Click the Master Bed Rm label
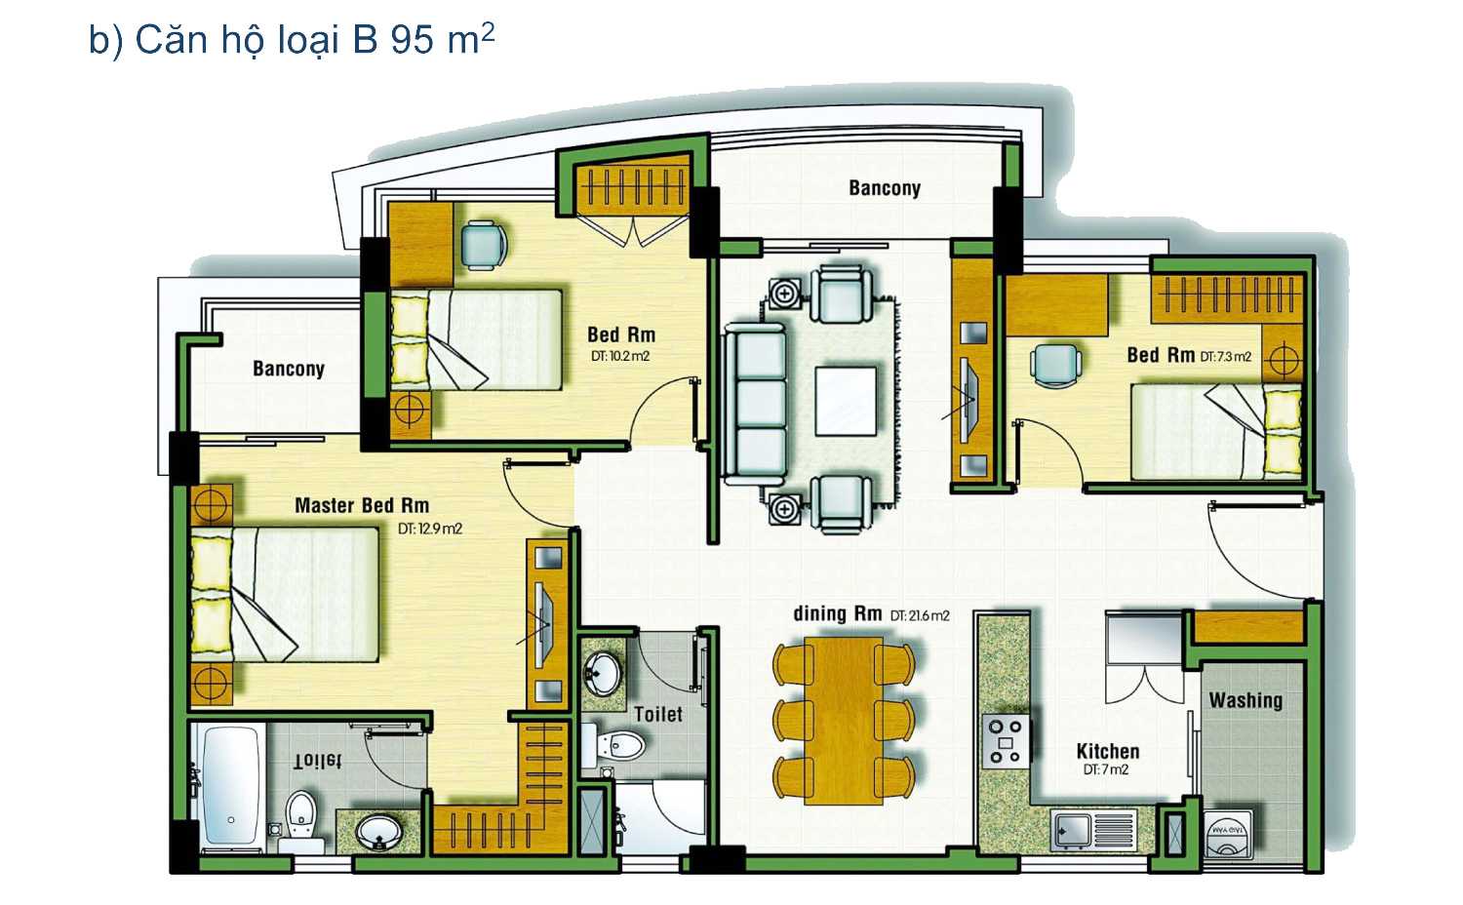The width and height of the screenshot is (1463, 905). [362, 505]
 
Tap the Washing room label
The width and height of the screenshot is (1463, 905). [1246, 700]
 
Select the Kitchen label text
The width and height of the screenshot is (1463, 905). [1108, 751]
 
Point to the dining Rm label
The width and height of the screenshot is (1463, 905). [837, 613]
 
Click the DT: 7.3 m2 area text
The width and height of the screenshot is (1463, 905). [1225, 357]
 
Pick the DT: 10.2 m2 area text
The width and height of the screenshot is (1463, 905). [619, 357]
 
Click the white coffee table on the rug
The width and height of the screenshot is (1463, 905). [846, 402]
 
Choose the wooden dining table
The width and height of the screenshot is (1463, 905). [844, 721]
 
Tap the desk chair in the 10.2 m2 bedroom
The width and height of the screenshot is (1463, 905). [484, 245]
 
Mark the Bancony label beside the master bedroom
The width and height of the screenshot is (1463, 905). [289, 369]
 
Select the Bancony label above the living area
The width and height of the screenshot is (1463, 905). [885, 188]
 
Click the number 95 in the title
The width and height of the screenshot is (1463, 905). [413, 40]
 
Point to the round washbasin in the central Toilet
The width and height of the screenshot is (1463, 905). [603, 675]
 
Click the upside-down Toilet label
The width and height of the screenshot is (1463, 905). [317, 760]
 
